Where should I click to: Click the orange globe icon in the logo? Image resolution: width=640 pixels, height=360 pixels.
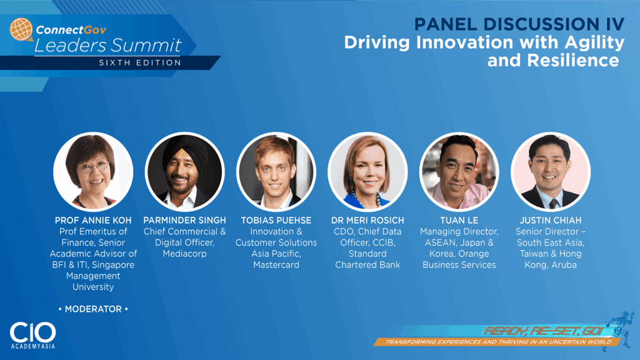pos(21,29)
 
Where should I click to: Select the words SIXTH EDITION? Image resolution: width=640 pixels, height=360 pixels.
pos(140,63)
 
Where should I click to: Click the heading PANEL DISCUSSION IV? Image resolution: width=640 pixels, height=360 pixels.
pos(519,24)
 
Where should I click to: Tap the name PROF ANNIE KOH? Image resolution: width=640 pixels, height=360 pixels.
pos(93,221)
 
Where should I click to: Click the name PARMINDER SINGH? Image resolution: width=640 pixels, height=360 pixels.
pos(184,221)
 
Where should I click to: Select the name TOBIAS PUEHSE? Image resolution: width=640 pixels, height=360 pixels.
pos(276,221)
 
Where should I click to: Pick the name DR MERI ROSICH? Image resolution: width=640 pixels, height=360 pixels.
pos(367,221)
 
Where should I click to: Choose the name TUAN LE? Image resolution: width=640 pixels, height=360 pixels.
pos(459,221)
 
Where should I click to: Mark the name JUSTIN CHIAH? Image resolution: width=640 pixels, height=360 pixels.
pos(550,221)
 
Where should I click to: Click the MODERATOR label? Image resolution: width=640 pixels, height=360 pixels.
pos(93,309)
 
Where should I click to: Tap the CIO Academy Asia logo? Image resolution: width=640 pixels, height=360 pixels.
pos(32,335)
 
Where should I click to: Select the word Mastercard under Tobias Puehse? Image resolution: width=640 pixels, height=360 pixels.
pos(276,265)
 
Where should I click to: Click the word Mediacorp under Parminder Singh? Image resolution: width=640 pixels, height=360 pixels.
pos(184,254)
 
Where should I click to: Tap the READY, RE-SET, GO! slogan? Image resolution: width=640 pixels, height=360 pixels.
pos(544,331)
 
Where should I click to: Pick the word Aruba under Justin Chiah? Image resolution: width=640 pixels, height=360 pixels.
pos(564,265)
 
